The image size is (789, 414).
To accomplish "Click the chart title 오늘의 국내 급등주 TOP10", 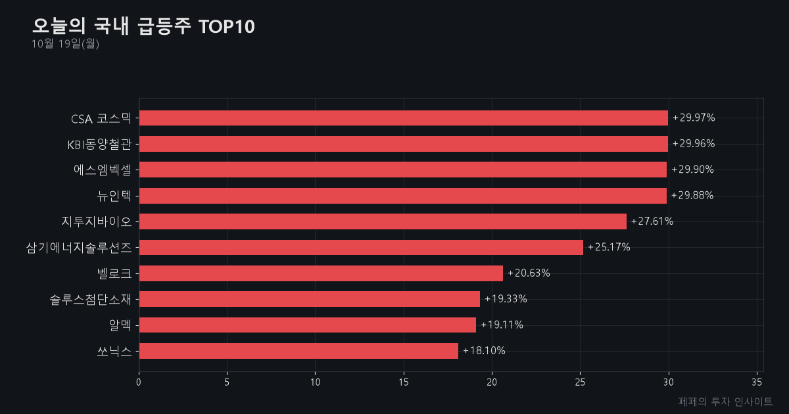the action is [x=143, y=26].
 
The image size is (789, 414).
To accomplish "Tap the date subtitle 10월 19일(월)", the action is [x=65, y=43].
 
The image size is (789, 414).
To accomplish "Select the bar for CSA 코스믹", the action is [x=404, y=118].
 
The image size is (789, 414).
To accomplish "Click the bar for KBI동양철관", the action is [x=404, y=144].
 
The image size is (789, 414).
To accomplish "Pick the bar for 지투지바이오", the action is [x=383, y=221].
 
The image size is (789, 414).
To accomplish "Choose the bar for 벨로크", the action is [x=322, y=273].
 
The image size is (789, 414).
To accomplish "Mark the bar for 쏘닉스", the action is [x=299, y=351].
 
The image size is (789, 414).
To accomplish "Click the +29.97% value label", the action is [x=694, y=118].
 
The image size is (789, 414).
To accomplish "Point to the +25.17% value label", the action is [x=609, y=247].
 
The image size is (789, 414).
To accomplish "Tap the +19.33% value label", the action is [x=506, y=299].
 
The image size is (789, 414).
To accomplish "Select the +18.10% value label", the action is [x=484, y=351].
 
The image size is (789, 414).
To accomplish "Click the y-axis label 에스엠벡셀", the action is [x=103, y=170].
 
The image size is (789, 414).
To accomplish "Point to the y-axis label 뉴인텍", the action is [x=114, y=196].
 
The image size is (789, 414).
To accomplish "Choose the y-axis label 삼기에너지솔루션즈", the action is [x=79, y=248].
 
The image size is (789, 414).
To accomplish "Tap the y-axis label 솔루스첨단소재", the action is [x=91, y=299].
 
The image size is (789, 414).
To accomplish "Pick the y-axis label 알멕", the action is [x=120, y=325].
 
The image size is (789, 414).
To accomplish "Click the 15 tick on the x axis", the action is [x=404, y=382].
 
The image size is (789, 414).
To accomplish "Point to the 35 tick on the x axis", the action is [x=757, y=382].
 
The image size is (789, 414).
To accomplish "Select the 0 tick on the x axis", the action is [x=139, y=382].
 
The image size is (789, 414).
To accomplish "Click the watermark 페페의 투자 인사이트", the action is [x=725, y=402].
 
